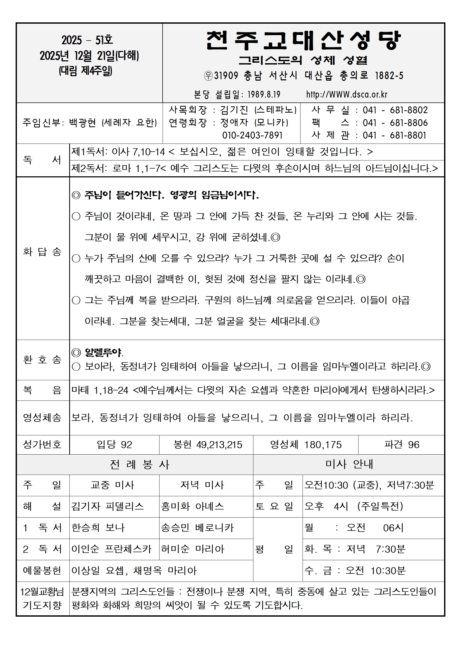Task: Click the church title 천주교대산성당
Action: tap(303, 41)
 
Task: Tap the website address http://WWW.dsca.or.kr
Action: tap(347, 94)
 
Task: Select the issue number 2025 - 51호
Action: tap(87, 40)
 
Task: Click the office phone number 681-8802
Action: tap(408, 110)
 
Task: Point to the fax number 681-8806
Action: tap(408, 123)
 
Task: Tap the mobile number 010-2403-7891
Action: tap(252, 135)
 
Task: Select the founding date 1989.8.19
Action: tap(264, 94)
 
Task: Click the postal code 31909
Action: tap(226, 76)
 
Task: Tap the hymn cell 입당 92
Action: tap(114, 444)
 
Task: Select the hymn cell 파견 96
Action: tap(401, 444)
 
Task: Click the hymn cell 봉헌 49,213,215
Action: tap(208, 444)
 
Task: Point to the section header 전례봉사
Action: tap(139, 465)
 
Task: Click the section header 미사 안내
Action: tap(349, 464)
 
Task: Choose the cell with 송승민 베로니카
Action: tap(197, 527)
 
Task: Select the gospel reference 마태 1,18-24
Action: tap(100, 390)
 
